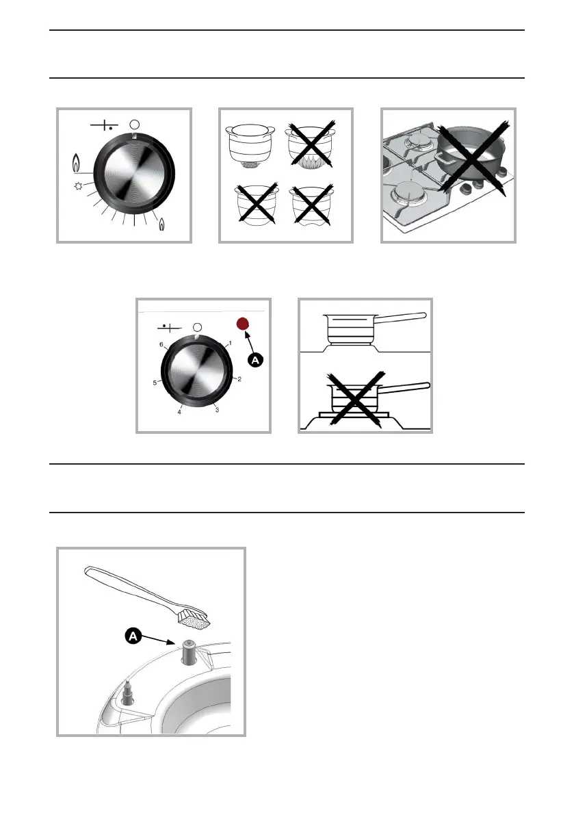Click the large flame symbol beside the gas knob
point(77,164)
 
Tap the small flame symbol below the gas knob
point(162,223)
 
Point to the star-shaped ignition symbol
point(79,185)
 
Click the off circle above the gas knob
point(134,125)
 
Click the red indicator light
point(242,324)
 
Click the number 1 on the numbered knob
point(231,342)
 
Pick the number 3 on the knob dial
point(218,409)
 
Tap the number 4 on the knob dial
point(179,413)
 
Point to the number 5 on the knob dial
point(155,383)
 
